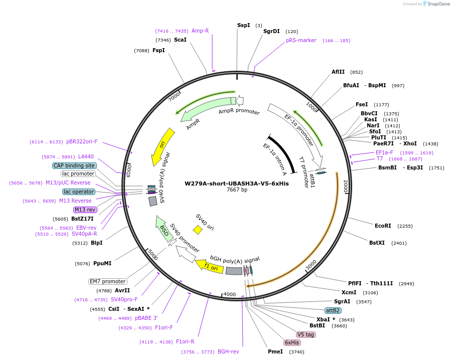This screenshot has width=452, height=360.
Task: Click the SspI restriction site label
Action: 243,25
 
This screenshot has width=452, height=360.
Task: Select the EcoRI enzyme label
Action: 383,226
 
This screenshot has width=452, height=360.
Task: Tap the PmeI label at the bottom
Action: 275,351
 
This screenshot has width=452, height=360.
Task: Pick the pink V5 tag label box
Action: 306,334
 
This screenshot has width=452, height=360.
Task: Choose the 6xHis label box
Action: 292,342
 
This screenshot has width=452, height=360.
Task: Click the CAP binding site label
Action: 74,165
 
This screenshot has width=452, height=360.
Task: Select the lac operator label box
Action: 79,192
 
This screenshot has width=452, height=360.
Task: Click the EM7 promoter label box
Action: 107,281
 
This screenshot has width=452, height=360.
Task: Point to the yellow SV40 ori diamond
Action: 198,230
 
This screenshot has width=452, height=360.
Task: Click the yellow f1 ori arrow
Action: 209,266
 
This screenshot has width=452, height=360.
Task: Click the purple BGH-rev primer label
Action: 228,351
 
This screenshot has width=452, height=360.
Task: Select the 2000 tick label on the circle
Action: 345,187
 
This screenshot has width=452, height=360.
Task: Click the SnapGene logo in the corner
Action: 435,4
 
